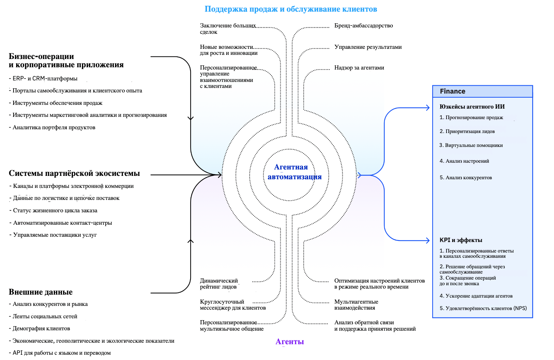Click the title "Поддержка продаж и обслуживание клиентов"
click(x=291, y=9)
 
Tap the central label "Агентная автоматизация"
click(x=294, y=172)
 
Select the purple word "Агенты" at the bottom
click(x=289, y=342)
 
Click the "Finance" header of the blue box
click(x=453, y=91)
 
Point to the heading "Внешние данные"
click(x=41, y=292)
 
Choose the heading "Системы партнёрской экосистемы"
click(x=74, y=173)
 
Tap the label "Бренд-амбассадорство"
click(x=363, y=26)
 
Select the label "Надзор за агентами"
click(x=359, y=68)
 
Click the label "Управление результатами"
click(x=368, y=47)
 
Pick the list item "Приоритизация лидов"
click(x=469, y=132)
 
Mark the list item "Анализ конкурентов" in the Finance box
click(x=468, y=178)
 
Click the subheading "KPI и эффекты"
click(x=461, y=240)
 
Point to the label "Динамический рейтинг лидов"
click(x=219, y=284)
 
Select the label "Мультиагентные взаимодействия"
click(x=356, y=305)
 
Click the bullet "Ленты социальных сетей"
click(x=45, y=316)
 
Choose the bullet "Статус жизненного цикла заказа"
click(x=55, y=210)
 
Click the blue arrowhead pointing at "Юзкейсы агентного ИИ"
click(x=427, y=108)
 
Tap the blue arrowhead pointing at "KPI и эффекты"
click(x=427, y=241)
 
